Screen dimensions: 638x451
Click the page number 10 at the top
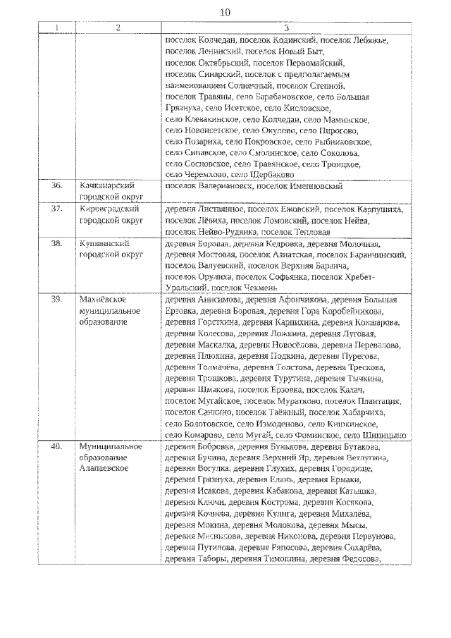pyautogui.click(x=225, y=13)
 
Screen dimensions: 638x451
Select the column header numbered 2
pyautogui.click(x=118, y=28)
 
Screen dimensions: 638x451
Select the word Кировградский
pyautogui.click(x=109, y=209)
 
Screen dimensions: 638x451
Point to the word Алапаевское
pyautogui.click(x=104, y=469)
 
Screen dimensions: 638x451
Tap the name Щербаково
pyautogui.click(x=271, y=175)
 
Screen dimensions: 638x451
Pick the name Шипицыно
pyautogui.click(x=385, y=435)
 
